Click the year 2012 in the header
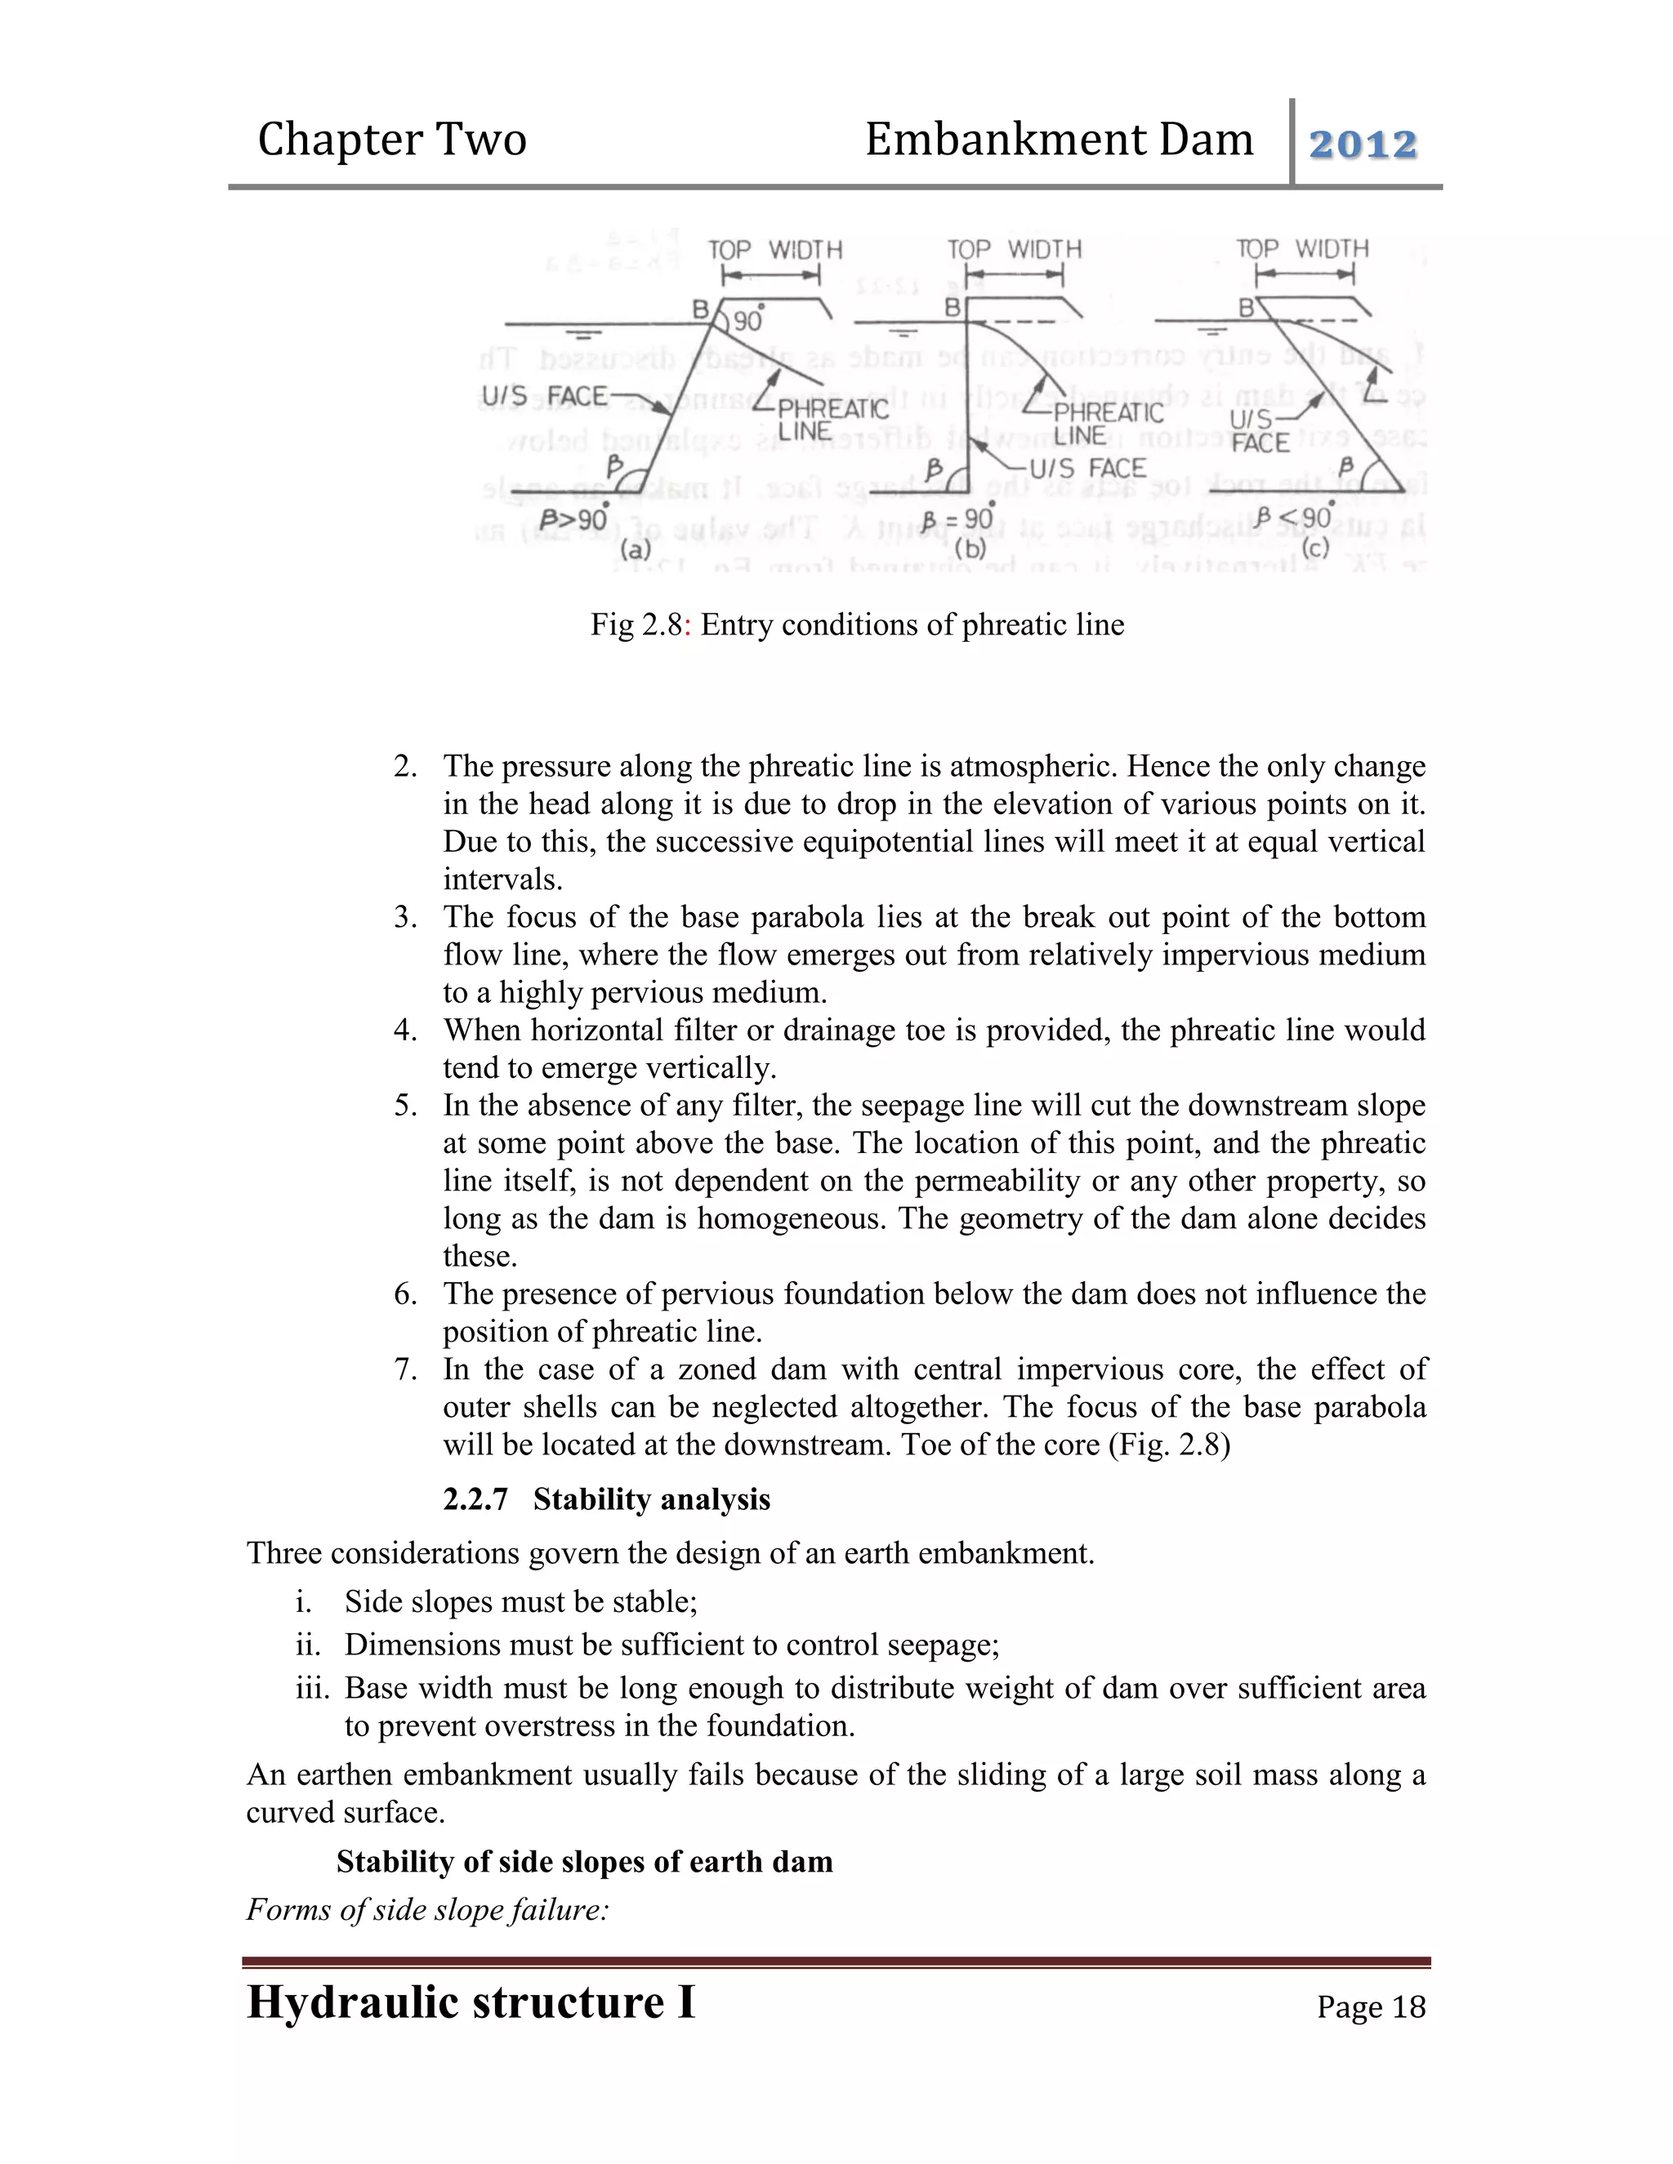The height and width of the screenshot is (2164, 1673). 1363,145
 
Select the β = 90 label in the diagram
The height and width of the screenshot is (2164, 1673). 957,519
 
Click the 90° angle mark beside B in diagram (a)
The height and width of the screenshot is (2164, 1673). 748,320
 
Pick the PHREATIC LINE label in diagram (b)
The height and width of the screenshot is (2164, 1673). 1107,423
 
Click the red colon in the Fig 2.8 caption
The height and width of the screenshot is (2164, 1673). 689,626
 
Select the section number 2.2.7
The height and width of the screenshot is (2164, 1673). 475,1499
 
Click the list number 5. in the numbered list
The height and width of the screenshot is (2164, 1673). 405,1106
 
